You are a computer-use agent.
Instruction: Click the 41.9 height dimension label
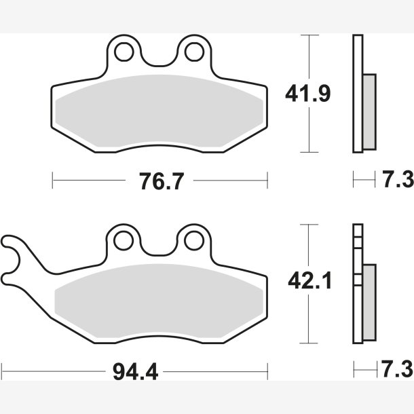tap(308, 94)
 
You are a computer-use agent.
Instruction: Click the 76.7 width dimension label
tap(162, 181)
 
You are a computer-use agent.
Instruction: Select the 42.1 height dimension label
tap(309, 281)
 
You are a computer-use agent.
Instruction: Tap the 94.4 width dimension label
tap(135, 372)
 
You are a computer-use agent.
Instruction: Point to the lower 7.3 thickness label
tap(397, 369)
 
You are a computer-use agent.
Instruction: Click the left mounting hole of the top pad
tap(124, 52)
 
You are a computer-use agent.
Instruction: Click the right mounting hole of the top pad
tap(194, 52)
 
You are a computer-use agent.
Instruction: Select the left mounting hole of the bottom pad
tap(124, 241)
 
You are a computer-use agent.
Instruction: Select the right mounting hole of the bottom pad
tap(194, 241)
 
